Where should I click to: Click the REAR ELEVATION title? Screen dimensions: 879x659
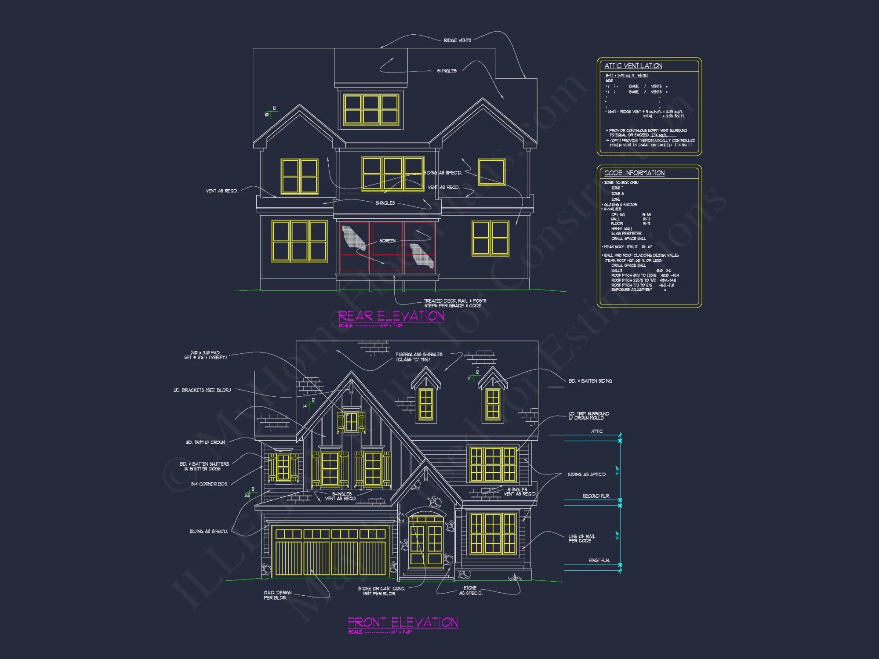click(x=391, y=316)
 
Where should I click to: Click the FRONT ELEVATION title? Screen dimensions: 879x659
click(x=403, y=622)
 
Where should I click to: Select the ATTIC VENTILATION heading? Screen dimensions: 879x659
click(x=633, y=66)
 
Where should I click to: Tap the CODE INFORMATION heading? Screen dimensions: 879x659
click(x=634, y=173)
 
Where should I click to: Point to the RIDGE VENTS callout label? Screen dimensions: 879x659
click(x=457, y=40)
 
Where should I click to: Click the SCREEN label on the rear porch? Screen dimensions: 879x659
click(x=387, y=241)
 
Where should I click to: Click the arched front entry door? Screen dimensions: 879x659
click(x=425, y=540)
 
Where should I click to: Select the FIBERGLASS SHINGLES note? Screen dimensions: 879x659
click(x=419, y=357)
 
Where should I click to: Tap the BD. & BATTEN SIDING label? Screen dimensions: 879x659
click(x=590, y=381)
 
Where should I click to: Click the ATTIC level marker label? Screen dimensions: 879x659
click(x=596, y=431)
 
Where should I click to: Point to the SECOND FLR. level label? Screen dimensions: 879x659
click(x=596, y=496)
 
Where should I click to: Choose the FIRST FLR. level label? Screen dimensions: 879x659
click(x=599, y=561)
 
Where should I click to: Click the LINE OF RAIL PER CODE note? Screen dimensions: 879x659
click(x=581, y=539)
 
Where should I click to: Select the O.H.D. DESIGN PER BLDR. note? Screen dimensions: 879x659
click(x=277, y=595)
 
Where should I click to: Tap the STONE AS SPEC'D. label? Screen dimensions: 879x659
click(x=470, y=590)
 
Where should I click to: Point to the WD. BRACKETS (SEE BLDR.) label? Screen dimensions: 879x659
click(x=202, y=390)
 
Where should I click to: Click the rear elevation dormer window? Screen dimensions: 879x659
click(x=371, y=109)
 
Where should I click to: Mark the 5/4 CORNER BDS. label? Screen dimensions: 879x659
click(x=209, y=484)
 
